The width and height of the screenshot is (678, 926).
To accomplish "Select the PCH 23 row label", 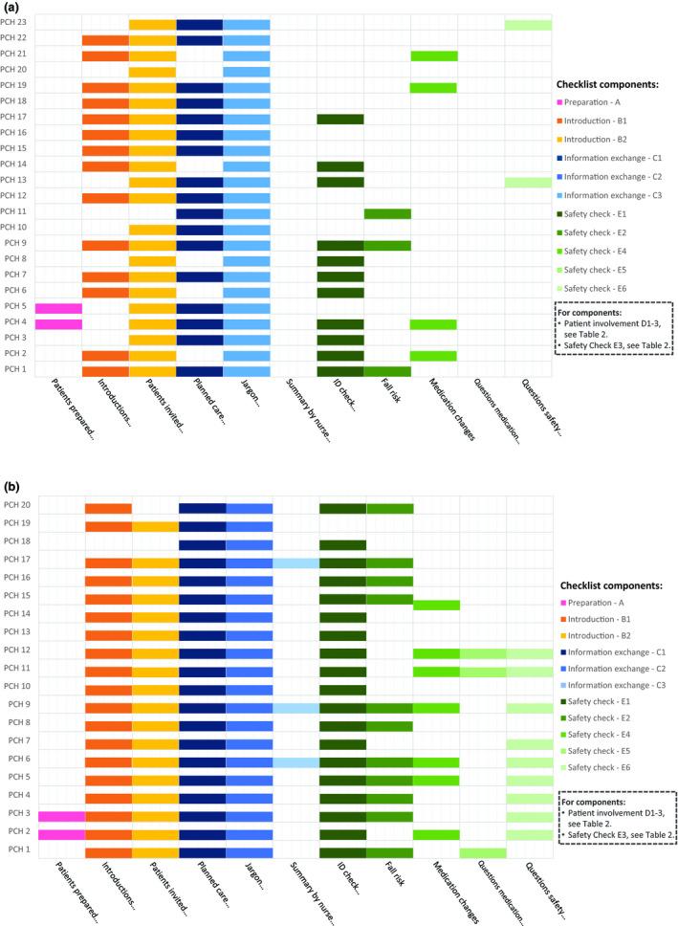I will coord(15,23).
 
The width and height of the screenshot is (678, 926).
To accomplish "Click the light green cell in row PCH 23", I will coord(528,25).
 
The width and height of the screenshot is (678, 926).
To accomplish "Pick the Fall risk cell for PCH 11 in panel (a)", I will coord(387,213).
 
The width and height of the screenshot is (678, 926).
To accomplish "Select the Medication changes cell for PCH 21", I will coord(434,55).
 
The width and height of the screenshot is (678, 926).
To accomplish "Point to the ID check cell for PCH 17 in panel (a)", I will coord(340,119).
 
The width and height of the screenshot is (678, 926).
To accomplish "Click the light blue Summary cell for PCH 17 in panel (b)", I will coord(295,563).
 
